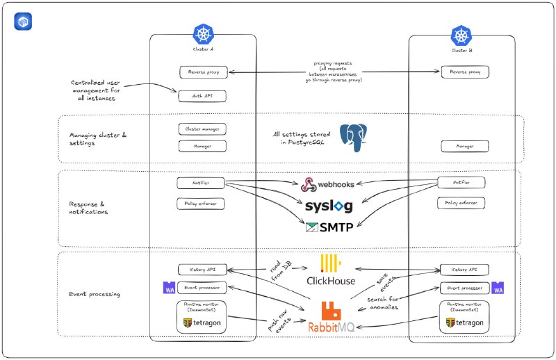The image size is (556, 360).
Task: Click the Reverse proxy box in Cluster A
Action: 203,72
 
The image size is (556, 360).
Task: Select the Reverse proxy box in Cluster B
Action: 465,72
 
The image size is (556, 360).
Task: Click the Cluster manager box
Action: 203,129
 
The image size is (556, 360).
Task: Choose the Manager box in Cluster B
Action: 465,146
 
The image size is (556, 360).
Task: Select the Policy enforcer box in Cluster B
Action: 461,203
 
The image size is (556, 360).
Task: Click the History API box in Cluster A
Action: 203,269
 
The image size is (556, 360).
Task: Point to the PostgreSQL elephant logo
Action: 353,137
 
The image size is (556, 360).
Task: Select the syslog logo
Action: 329,206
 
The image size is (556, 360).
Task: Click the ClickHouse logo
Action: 331,270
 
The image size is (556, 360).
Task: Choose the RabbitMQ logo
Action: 331,316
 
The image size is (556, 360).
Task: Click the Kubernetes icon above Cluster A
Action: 203,34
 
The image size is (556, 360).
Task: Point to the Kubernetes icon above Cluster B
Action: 461,34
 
